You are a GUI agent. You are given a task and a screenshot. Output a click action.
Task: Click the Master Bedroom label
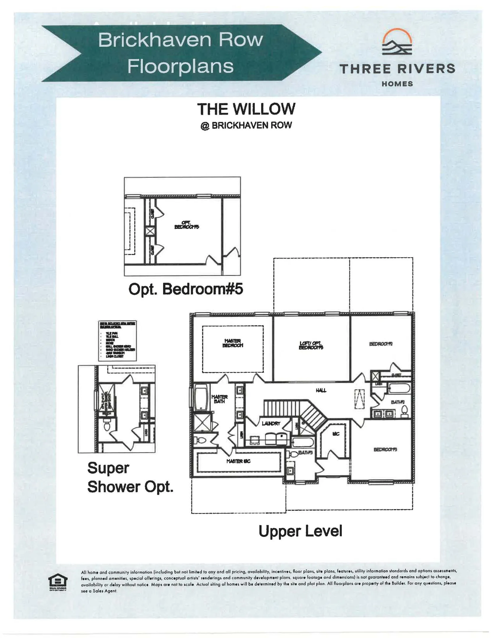[x=232, y=343]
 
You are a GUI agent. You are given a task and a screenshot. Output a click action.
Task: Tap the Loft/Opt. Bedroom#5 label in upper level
[x=311, y=345]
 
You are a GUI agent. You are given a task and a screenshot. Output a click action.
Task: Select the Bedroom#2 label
[x=381, y=344]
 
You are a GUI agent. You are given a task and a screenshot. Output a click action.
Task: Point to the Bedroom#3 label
[x=385, y=449]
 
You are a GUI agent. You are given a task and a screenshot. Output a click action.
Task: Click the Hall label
[x=321, y=390]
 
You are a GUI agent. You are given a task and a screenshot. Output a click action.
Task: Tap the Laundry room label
[x=271, y=424]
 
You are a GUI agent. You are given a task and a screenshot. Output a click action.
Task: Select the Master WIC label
[x=238, y=461]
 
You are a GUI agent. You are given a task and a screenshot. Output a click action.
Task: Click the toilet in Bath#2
[x=405, y=410]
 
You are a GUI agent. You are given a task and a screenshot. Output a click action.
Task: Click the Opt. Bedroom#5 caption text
[x=186, y=289]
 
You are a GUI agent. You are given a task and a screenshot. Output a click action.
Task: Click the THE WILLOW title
[x=246, y=109]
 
